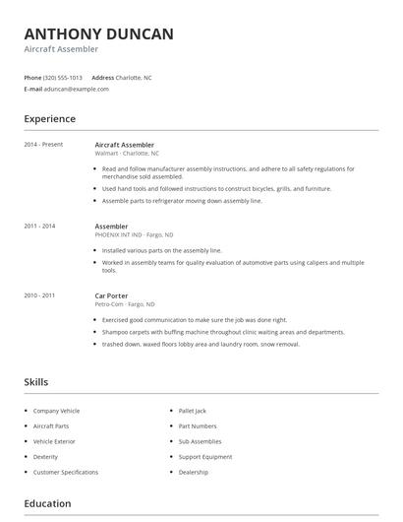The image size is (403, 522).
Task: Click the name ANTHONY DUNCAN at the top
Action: [x=98, y=33]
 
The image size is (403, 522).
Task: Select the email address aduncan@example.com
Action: [x=77, y=89]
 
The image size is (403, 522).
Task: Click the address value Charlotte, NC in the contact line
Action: [x=134, y=77]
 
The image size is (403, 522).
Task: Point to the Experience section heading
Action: [x=49, y=119]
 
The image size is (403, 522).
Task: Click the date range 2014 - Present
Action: [x=43, y=145]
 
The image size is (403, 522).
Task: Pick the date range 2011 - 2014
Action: [x=39, y=227]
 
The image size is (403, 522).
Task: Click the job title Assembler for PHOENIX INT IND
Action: [x=111, y=227]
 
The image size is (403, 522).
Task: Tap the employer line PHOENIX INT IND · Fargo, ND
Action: [x=134, y=234]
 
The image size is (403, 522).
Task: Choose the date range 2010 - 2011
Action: [x=39, y=295]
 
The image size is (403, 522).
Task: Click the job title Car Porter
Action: [x=112, y=295]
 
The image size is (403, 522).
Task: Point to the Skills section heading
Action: [x=36, y=382]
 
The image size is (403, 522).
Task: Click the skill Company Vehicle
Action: [x=56, y=410]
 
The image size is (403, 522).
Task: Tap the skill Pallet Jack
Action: [x=194, y=410]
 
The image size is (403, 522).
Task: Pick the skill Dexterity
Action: [x=46, y=457]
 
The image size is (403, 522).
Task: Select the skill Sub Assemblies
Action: [x=200, y=441]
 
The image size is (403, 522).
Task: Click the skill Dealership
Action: [x=194, y=473]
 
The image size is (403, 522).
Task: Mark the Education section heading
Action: [x=47, y=503]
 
